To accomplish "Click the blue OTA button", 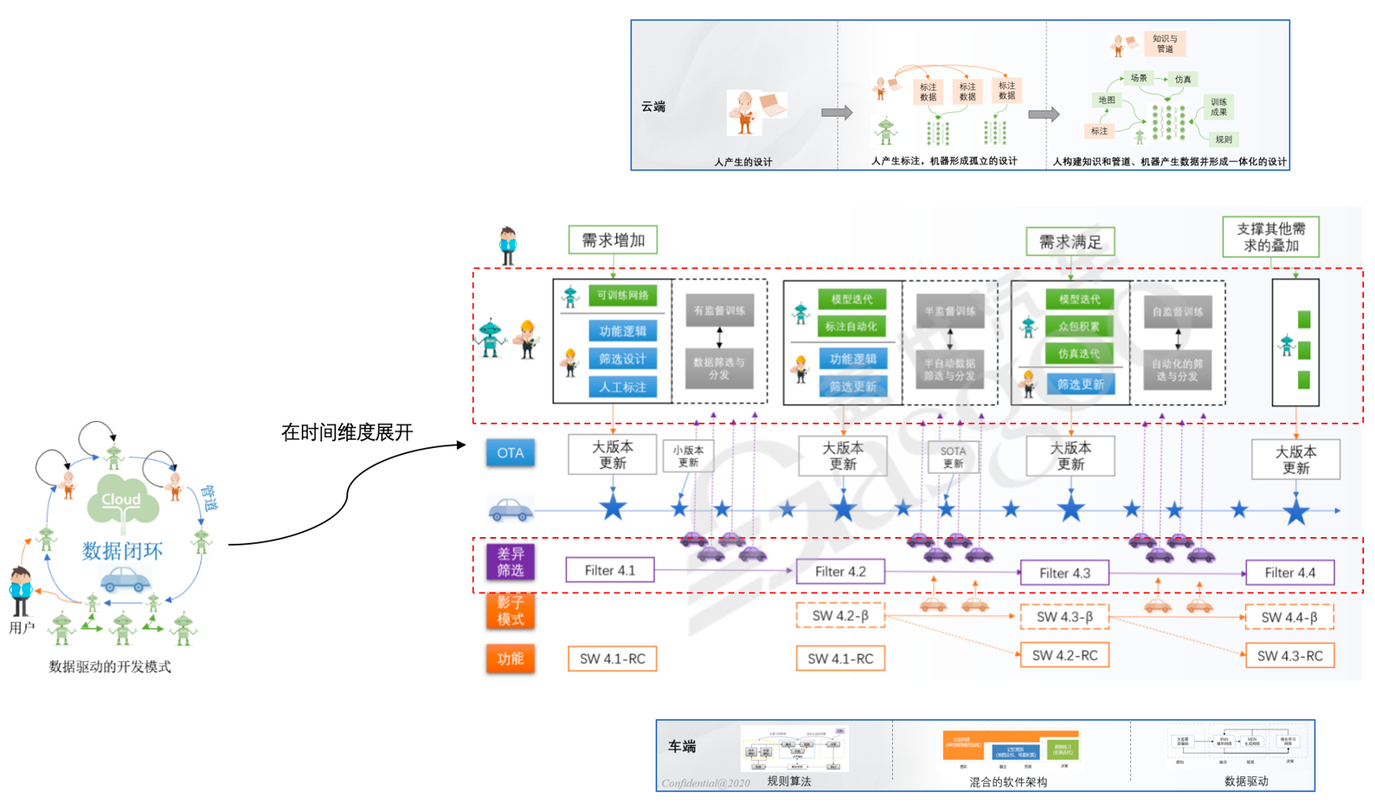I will point(510,453).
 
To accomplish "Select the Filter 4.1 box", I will point(610,571).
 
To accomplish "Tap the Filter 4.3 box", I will point(1065,573).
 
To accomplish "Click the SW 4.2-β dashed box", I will point(840,616).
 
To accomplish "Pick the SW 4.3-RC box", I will point(1289,656).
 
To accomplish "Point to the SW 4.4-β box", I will point(1289,618).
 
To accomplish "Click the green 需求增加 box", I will point(613,240).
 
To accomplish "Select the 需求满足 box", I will point(1070,242).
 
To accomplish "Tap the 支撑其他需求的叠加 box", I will point(1270,237).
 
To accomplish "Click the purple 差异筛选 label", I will point(510,562).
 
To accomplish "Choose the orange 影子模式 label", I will point(510,611).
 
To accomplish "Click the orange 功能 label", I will point(510,659).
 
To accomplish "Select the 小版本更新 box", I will point(688,456).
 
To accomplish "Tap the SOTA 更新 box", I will point(952,457).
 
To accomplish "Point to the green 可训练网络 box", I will point(623,295).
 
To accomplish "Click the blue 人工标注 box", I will point(623,387).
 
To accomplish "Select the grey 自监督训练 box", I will point(1177,312).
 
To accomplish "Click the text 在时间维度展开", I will point(347,433).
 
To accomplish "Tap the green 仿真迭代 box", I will point(1078,354).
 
